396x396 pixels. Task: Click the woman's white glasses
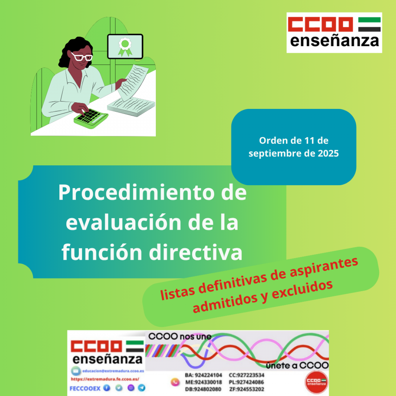(x=82, y=57)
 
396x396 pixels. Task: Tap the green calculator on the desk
(x=90, y=117)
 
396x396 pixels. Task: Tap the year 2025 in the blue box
(x=328, y=153)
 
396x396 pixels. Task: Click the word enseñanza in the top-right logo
(x=334, y=41)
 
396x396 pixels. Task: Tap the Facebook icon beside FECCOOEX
(x=107, y=388)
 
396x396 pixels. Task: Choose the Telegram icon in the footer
(x=142, y=388)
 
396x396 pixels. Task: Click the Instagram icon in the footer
(x=131, y=388)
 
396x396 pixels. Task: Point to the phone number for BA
(x=208, y=375)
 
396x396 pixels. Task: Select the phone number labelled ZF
(x=250, y=389)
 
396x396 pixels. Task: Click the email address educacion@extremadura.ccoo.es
(x=113, y=371)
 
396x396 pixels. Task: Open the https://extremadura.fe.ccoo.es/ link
(x=105, y=379)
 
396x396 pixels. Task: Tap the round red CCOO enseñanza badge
(x=316, y=382)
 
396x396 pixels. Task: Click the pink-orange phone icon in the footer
(x=175, y=382)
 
